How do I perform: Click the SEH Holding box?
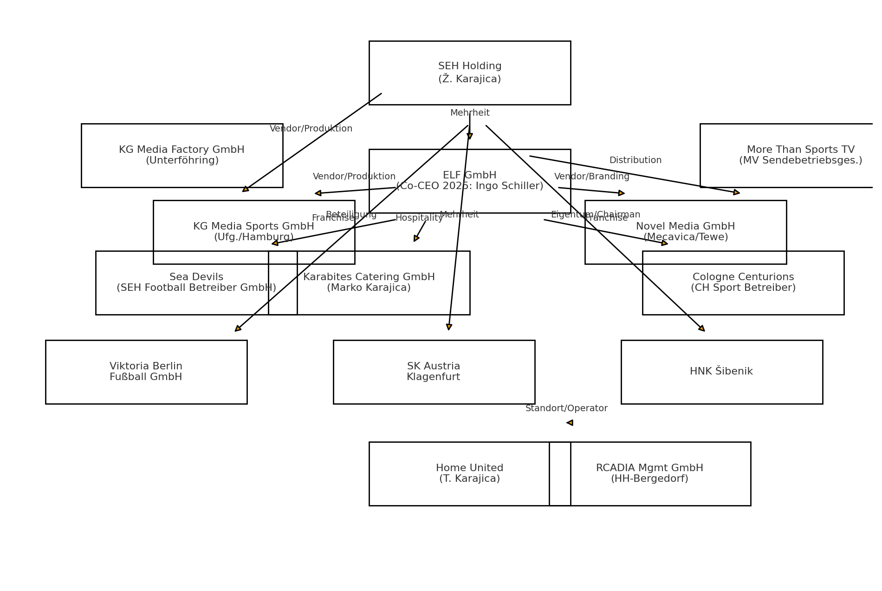[x=469, y=72]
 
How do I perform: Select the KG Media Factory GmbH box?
[x=182, y=155]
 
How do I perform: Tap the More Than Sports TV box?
[x=800, y=155]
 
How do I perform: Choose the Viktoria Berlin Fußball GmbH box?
[x=146, y=372]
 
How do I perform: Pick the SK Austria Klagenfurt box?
[x=434, y=372]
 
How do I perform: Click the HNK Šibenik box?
[x=721, y=372]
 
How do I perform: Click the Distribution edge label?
[x=635, y=160]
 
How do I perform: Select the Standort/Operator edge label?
[x=566, y=408]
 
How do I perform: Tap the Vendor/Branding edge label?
[x=591, y=177]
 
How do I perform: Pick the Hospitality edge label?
[x=419, y=218]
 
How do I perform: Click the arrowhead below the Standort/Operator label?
[x=570, y=423]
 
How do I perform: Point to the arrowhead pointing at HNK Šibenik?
[x=702, y=328]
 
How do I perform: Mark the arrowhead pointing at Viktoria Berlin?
[x=238, y=328]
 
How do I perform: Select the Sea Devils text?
[x=196, y=277]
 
